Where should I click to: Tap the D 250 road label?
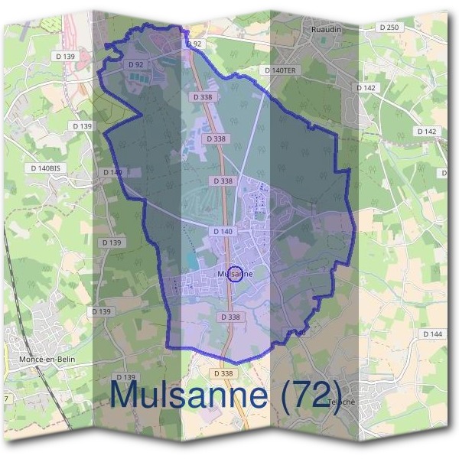click(x=389, y=28)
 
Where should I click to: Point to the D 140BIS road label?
click(x=45, y=168)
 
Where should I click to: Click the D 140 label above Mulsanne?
click(x=223, y=231)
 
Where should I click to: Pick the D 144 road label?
click(x=432, y=334)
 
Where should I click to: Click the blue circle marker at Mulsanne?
click(x=236, y=273)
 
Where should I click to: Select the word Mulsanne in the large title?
click(x=189, y=394)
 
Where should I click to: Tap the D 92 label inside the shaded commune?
click(x=137, y=64)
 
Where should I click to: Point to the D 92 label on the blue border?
click(x=194, y=44)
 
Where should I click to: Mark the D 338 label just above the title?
click(x=223, y=373)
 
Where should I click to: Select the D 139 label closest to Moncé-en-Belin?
click(x=101, y=311)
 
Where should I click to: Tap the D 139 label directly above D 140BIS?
click(x=80, y=125)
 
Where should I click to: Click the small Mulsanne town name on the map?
click(x=236, y=273)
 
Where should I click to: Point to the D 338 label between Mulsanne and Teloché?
click(x=229, y=317)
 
